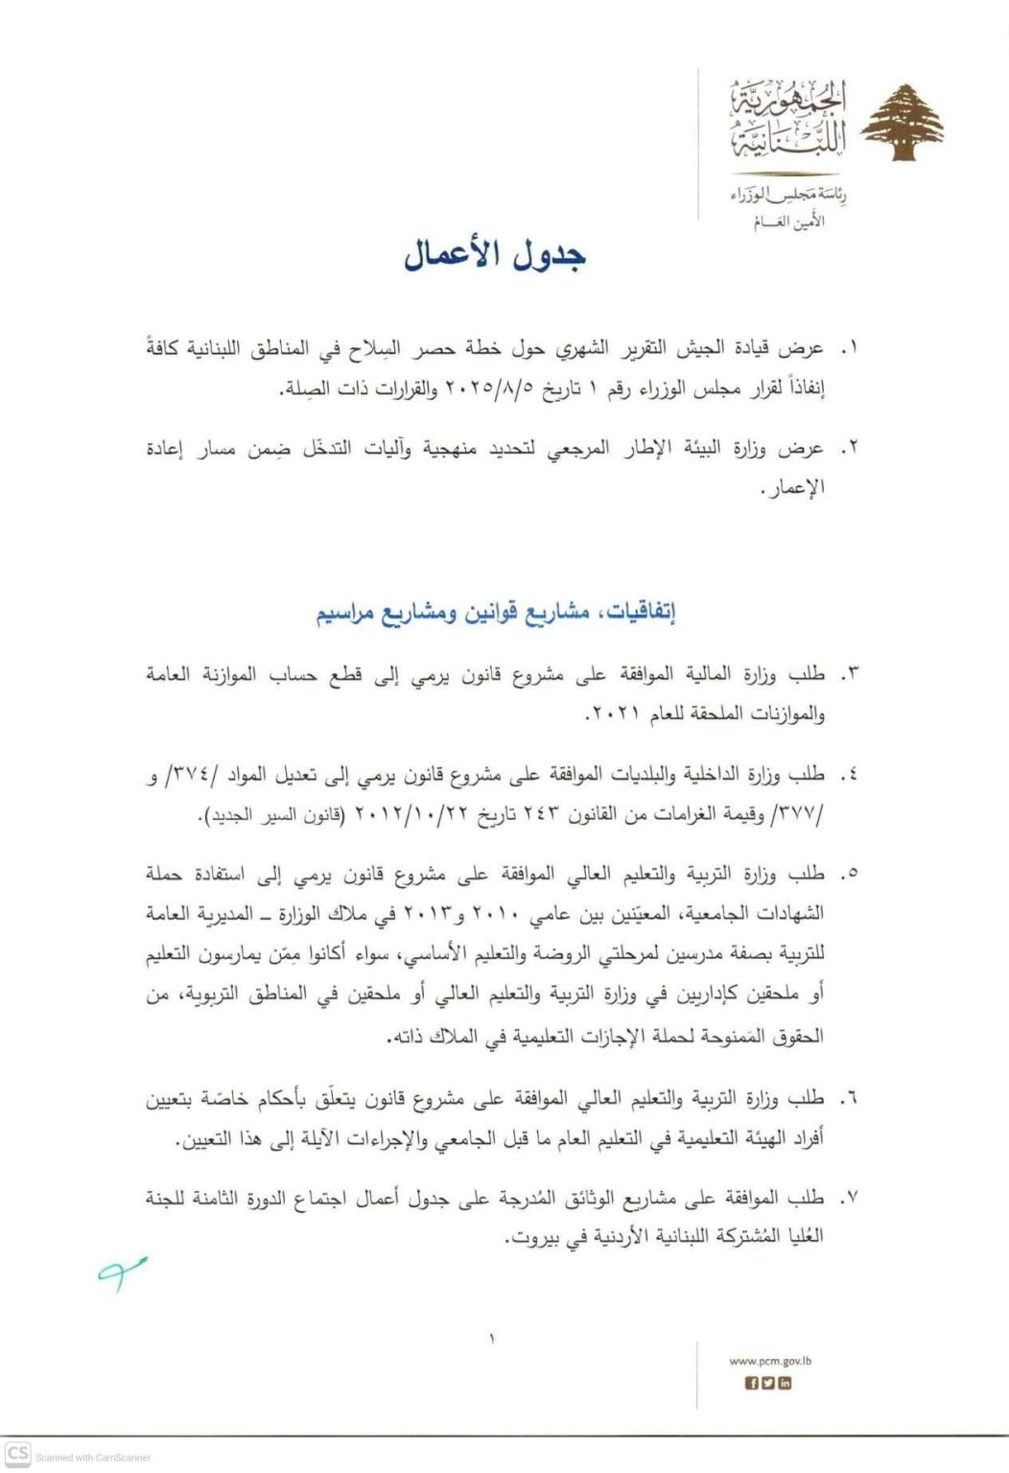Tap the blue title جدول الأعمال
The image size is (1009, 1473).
[x=495, y=255]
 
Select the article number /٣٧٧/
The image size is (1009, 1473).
[x=802, y=815]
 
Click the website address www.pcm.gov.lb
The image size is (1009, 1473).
[x=770, y=1360]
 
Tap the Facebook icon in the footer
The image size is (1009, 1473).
[x=753, y=1383]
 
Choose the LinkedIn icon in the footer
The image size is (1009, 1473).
[x=786, y=1383]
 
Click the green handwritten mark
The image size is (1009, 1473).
[x=121, y=1272]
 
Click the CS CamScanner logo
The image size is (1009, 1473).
[x=17, y=1453]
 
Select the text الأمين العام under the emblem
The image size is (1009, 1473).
[x=788, y=222]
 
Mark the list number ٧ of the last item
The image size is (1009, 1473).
[x=847, y=1198]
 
